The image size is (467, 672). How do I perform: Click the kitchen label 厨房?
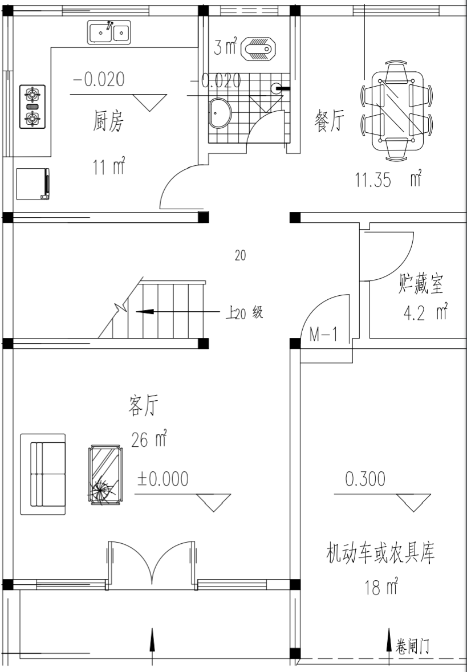[108, 122]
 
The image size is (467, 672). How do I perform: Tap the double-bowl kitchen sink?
[109, 32]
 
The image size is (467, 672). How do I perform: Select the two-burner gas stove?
[33, 107]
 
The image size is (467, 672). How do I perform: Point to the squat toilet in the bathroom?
[259, 48]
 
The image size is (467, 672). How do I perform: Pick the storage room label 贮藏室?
[421, 283]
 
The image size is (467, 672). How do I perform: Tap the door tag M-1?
[323, 335]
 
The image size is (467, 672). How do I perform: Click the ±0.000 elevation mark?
[163, 479]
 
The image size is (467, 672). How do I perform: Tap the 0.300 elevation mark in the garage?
[366, 479]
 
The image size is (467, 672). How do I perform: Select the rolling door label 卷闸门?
[412, 645]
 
